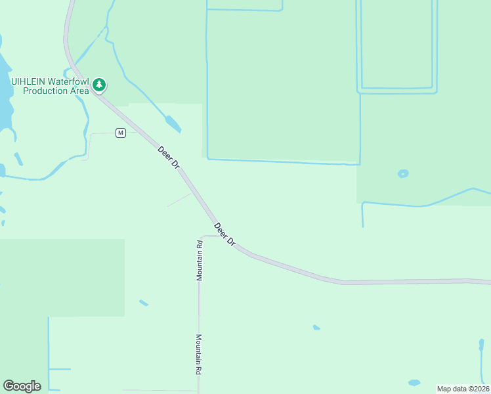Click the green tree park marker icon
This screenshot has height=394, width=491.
pos(99,84)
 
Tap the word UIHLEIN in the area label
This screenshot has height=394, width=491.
pos(30,81)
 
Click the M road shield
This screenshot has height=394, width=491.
pos(120,133)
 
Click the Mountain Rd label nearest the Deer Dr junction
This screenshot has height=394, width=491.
pos(199,261)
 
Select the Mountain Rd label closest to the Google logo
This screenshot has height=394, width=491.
pos(198,355)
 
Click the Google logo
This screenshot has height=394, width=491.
pos(22,386)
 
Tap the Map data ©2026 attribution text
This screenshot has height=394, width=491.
pos(463,388)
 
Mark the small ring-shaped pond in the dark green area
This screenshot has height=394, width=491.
pos(402,173)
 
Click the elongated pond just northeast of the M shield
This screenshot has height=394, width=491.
pos(173,123)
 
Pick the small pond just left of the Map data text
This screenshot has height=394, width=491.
pos(414,382)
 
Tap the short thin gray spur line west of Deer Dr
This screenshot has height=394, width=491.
pos(179,200)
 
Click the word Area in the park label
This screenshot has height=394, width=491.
pos(79,91)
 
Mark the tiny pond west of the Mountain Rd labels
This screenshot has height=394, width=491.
pos(143,303)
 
